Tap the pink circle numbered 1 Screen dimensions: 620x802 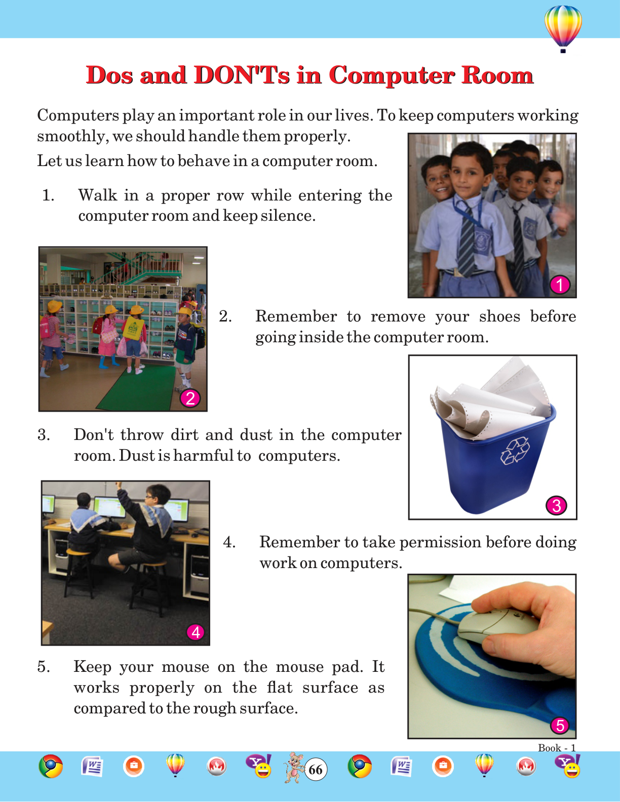[560, 285]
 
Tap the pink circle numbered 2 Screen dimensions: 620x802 [190, 398]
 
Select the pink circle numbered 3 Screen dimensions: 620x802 [557, 506]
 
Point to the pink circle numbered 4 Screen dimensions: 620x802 [196, 632]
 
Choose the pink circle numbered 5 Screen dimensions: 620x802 [560, 726]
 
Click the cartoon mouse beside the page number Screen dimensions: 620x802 [293, 767]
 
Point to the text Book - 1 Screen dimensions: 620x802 [557, 748]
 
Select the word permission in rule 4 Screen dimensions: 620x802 [440, 543]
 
